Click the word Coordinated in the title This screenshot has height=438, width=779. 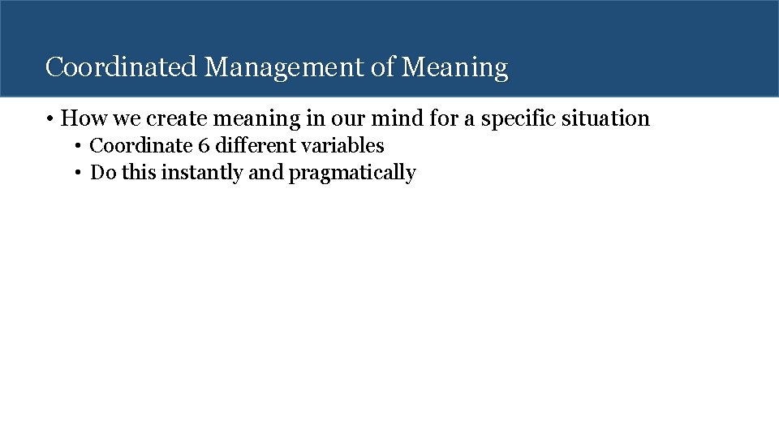pos(121,67)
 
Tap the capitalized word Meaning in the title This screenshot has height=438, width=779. pos(455,67)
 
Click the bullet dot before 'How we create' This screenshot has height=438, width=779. pos(50,119)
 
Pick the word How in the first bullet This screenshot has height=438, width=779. pos(79,119)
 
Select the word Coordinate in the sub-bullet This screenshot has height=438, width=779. pos(140,147)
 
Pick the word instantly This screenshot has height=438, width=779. pos(205,174)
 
